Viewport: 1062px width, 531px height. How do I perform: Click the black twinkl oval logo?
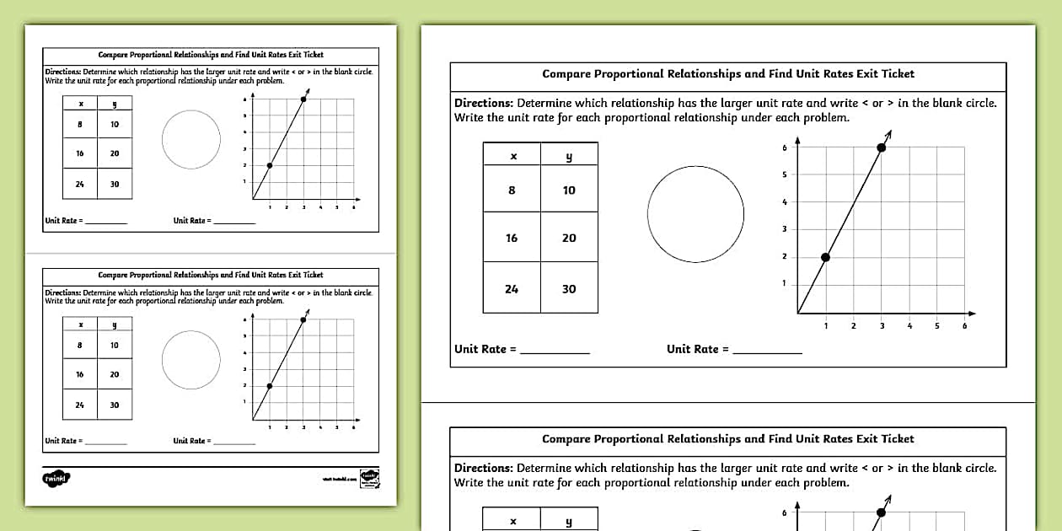[x=56, y=479]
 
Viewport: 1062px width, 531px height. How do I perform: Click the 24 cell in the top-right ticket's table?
[x=512, y=288]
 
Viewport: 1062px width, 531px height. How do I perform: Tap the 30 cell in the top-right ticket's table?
[x=569, y=288]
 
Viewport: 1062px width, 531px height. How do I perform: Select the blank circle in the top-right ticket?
[x=695, y=213]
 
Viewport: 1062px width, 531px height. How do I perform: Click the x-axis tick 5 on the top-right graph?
[x=936, y=325]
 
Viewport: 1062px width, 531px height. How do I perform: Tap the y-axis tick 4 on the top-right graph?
[x=784, y=202]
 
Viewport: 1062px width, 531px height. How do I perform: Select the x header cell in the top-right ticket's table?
[x=512, y=155]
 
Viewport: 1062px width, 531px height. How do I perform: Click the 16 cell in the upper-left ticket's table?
[x=80, y=153]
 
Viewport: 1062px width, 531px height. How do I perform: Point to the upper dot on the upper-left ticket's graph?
[x=303, y=99]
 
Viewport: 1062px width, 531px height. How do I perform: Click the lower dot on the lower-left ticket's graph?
[x=270, y=386]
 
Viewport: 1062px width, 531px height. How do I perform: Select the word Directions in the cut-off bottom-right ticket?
[x=483, y=468]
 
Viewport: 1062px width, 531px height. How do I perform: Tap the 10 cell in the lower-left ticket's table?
[x=115, y=345]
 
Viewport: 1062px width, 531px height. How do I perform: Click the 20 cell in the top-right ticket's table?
[x=569, y=238]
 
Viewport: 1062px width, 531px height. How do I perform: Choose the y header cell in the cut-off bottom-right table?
[x=569, y=521]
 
